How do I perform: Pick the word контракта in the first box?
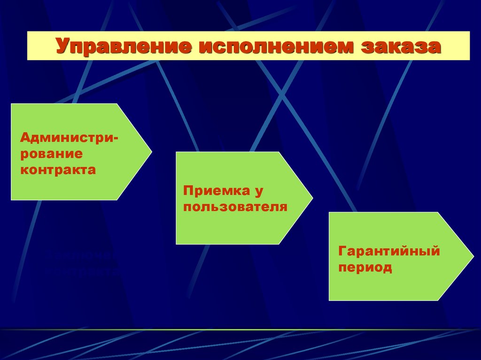(x=58, y=169)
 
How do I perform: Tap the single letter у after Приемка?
(x=257, y=191)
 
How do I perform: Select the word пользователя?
(x=235, y=207)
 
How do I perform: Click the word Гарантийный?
(x=388, y=251)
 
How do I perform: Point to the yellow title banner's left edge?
(x=28, y=46)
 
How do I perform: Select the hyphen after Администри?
(x=116, y=138)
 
